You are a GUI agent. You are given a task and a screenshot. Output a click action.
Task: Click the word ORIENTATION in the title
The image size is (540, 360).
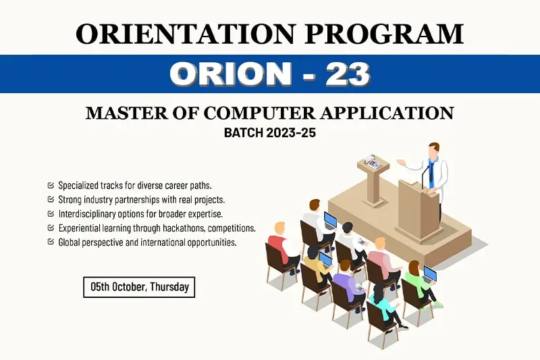click(x=186, y=34)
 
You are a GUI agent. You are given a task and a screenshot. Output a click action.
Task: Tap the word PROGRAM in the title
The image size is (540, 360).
click(x=384, y=34)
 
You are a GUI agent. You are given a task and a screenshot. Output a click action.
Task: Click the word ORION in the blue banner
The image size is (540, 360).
click(x=230, y=74)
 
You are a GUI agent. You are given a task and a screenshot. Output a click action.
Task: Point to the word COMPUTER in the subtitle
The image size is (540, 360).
click(x=259, y=113)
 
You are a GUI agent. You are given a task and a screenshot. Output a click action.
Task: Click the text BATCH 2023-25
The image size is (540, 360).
click(x=269, y=132)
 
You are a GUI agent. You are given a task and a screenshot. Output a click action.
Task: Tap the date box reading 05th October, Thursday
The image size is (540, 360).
click(x=139, y=287)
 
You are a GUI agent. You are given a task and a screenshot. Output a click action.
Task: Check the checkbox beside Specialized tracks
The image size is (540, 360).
click(x=51, y=185)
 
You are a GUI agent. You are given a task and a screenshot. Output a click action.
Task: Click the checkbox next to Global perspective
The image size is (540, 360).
click(x=51, y=242)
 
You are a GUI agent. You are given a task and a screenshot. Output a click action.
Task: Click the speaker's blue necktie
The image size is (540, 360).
click(x=431, y=172)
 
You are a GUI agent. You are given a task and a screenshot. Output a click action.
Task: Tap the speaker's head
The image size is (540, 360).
click(x=434, y=149)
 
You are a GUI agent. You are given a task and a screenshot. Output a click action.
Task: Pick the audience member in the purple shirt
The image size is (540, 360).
click(x=348, y=285)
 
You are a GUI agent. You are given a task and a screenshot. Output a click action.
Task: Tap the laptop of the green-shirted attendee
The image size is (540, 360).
click(x=429, y=275)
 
